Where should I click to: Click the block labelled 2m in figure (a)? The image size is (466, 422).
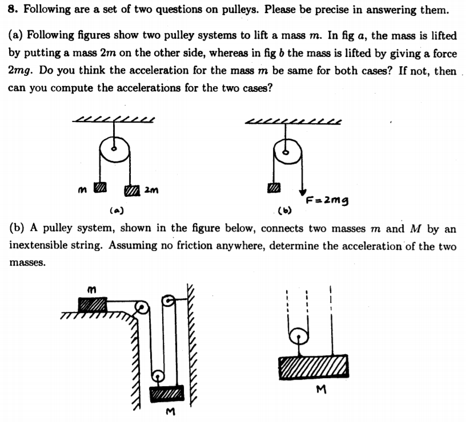[x=132, y=189]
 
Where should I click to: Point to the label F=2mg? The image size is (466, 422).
[x=327, y=200]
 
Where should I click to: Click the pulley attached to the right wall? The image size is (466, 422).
[x=170, y=301]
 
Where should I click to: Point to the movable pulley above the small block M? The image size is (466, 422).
[x=158, y=375]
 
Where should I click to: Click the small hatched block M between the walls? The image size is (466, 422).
[x=166, y=393]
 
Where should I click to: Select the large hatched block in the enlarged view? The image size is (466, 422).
[x=313, y=366]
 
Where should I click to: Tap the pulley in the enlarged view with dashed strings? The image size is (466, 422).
[x=298, y=336]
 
